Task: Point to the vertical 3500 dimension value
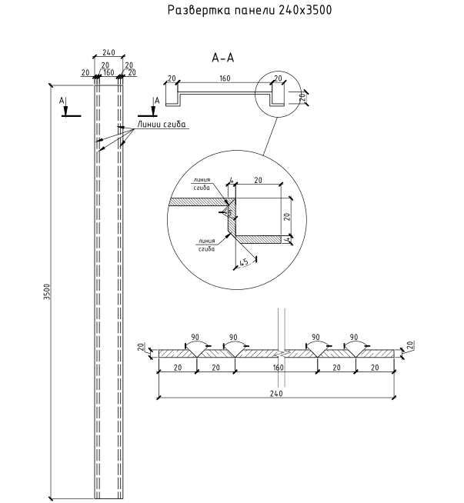click(x=46, y=292)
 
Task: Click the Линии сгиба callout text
click(x=162, y=125)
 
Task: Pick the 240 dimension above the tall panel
click(x=108, y=53)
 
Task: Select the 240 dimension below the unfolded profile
click(x=277, y=392)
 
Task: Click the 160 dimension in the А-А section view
click(x=225, y=78)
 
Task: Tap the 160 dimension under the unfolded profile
click(x=277, y=368)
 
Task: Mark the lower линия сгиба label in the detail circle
click(x=205, y=245)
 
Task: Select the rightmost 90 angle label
click(x=354, y=337)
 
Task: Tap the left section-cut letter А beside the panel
click(x=62, y=100)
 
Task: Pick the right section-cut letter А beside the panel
click(x=156, y=100)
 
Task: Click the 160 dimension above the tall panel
click(x=108, y=74)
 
